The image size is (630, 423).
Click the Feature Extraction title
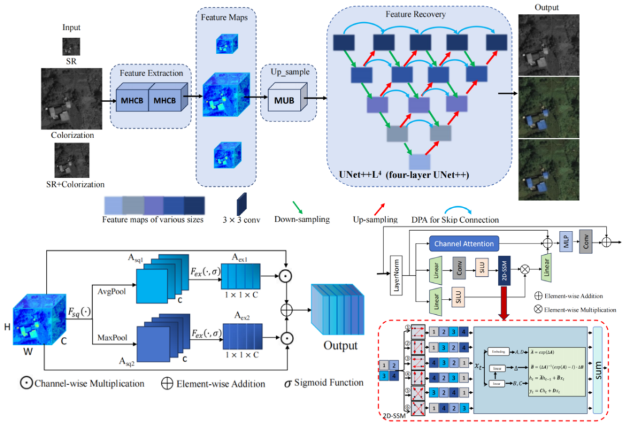[x=151, y=72]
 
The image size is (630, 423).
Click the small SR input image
[x=71, y=46]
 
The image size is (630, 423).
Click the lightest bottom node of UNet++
[x=419, y=161]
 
